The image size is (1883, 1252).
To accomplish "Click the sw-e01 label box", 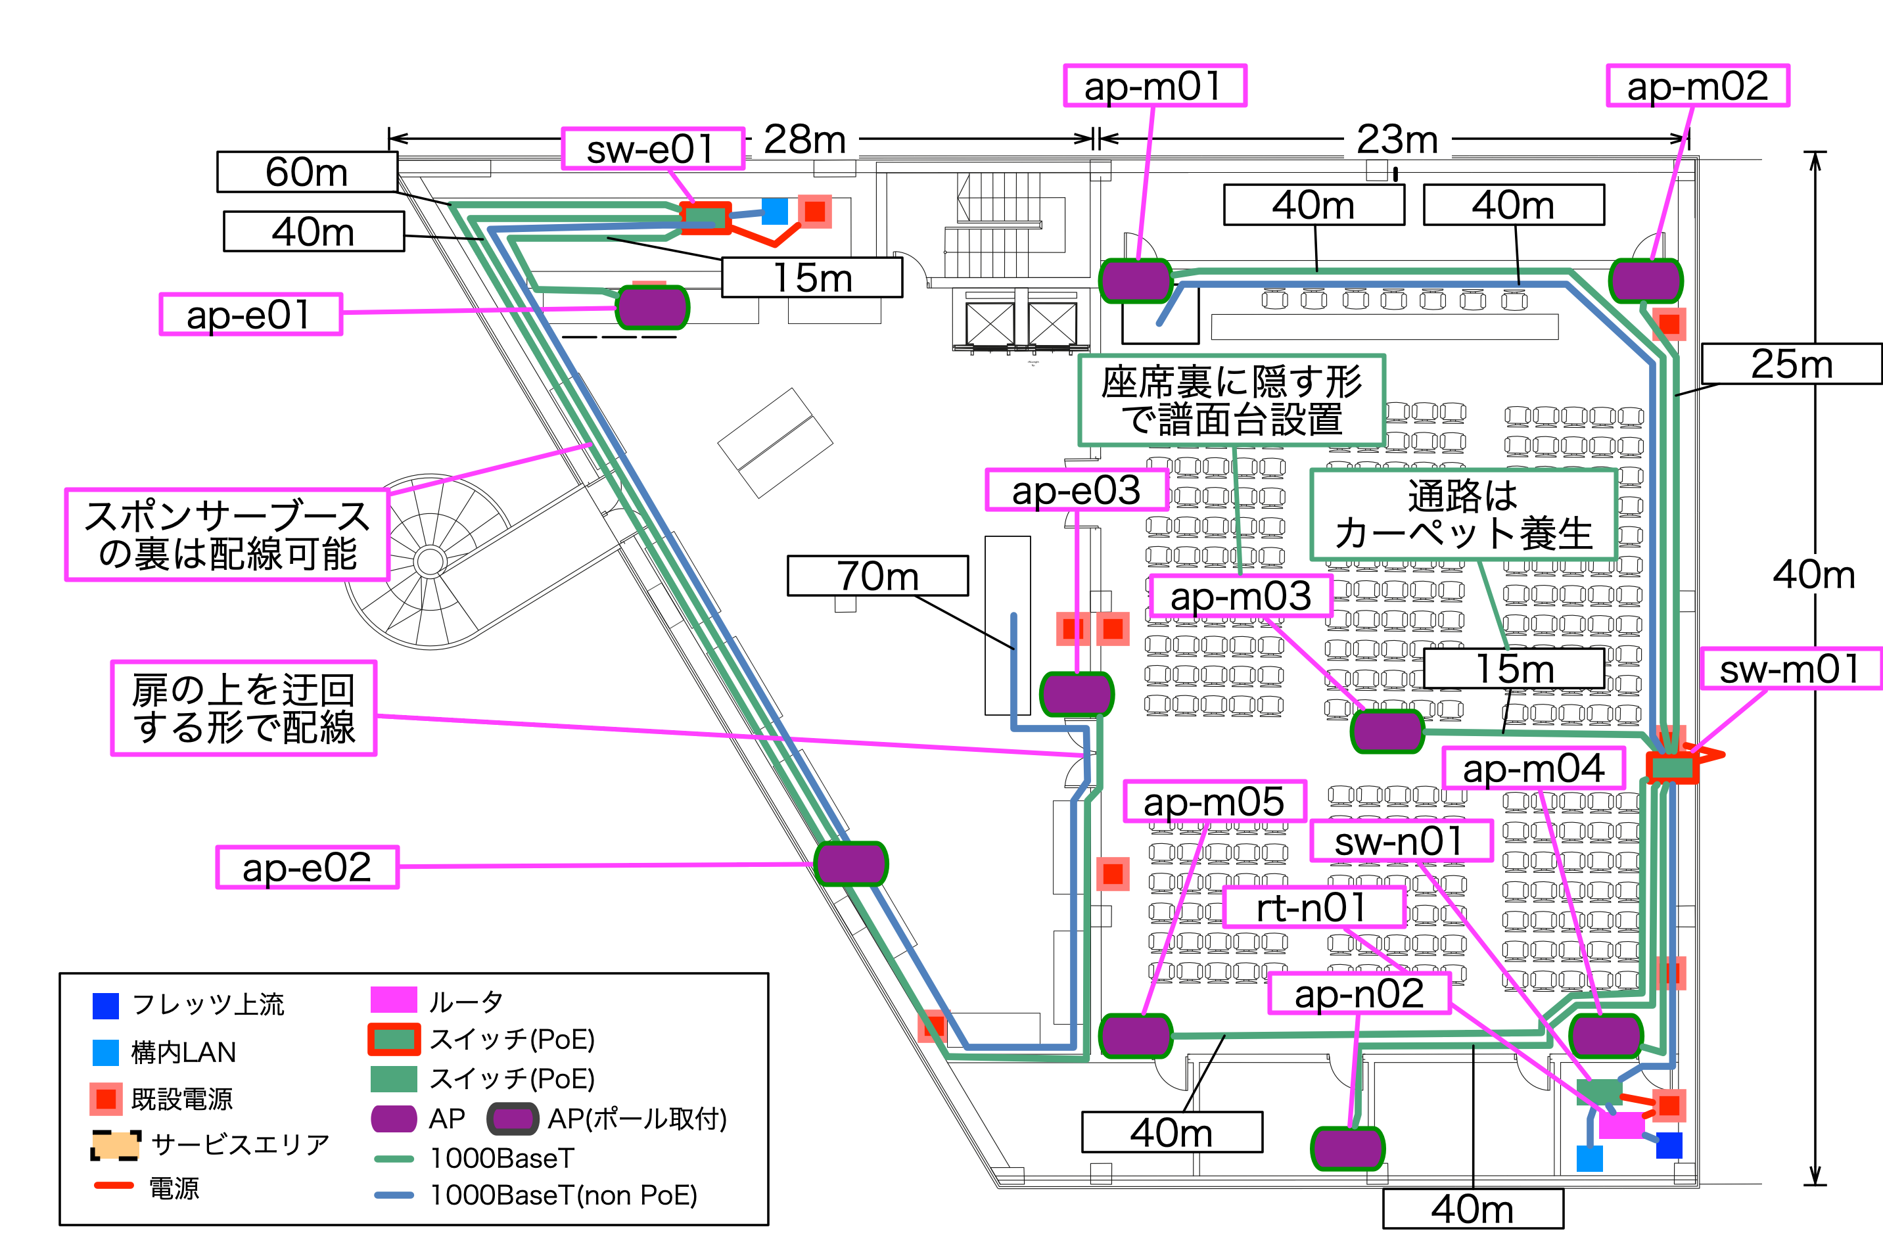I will (x=653, y=149).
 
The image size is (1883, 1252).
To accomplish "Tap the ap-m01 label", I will (x=1154, y=85).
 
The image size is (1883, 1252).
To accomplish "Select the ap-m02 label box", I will (x=1697, y=85).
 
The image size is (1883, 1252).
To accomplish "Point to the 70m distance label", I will (x=877, y=576).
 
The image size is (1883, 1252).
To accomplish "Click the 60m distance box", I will (x=307, y=172).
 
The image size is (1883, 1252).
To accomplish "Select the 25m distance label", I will (x=1791, y=364).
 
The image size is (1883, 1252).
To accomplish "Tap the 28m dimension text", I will (x=804, y=140).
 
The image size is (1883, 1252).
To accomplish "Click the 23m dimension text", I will (x=1397, y=140).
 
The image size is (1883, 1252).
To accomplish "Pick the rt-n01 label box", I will (x=1314, y=907).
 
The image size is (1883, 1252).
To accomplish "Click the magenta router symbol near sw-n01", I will (x=1620, y=1125).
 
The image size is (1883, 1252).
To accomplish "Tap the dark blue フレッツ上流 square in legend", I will (x=105, y=1006).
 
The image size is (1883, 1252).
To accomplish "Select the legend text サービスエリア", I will (x=240, y=1144).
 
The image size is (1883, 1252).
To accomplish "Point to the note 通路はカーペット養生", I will (x=1463, y=514).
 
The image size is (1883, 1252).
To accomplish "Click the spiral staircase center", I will (x=430, y=561).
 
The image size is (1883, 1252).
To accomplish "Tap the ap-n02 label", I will (x=1359, y=993).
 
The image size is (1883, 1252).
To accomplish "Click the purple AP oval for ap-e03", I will (x=1077, y=694).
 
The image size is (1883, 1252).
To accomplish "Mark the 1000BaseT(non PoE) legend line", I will (x=394, y=1195).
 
